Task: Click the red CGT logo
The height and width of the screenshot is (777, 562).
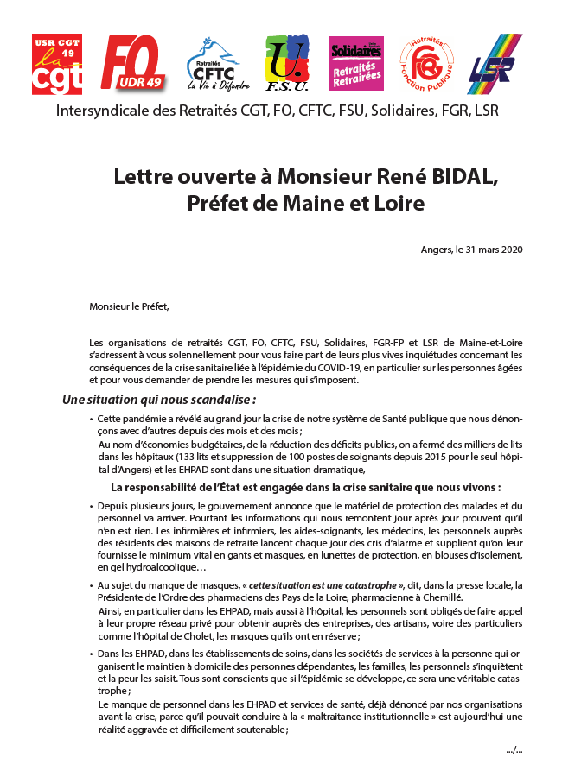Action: click(57, 65)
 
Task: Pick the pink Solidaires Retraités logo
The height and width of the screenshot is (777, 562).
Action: click(356, 65)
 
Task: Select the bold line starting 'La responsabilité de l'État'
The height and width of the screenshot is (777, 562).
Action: click(307, 487)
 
